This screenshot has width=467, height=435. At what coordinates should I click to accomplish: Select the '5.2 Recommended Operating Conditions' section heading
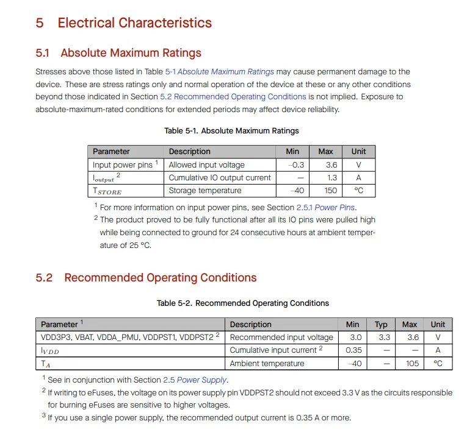point(146,278)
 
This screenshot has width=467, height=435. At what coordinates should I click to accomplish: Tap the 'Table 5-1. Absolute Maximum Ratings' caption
point(231,131)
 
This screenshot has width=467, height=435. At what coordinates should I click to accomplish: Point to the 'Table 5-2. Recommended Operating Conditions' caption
point(242,303)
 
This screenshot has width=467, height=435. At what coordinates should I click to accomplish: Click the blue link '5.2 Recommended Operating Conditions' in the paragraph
point(233,97)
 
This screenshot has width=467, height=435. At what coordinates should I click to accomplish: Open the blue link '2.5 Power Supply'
point(195,380)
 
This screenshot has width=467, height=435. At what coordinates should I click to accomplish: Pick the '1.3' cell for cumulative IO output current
point(331,178)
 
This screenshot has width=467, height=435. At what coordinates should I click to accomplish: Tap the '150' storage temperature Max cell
point(330,191)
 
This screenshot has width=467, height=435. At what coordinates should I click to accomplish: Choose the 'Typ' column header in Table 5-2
point(381,324)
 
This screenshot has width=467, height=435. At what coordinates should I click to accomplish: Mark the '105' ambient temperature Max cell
point(412,363)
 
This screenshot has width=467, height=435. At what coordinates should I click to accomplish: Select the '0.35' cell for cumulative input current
point(353,350)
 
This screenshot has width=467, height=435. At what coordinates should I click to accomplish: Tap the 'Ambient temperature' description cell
point(267,363)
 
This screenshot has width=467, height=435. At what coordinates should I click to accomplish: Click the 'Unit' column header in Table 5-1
point(358,151)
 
